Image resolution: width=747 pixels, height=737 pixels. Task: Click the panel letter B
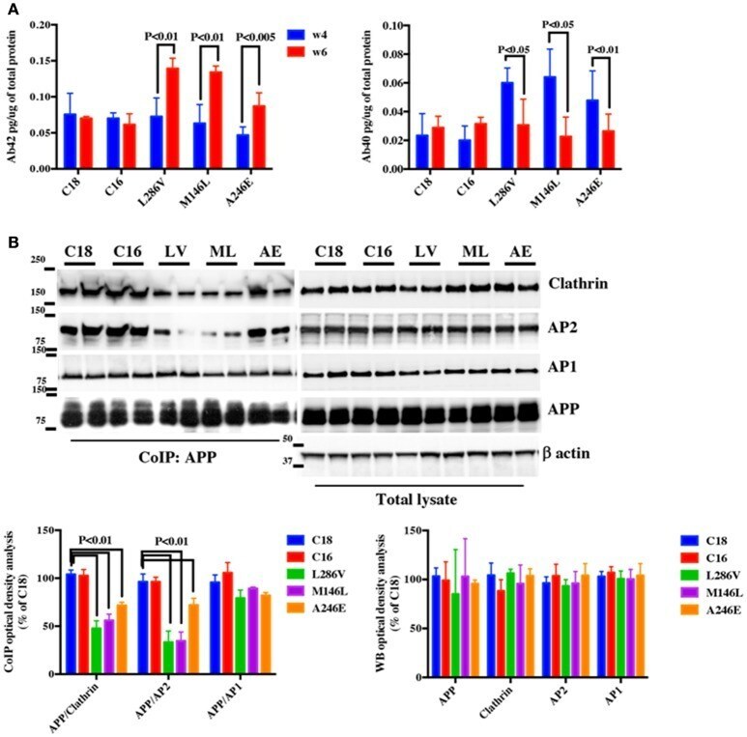pos(12,233)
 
